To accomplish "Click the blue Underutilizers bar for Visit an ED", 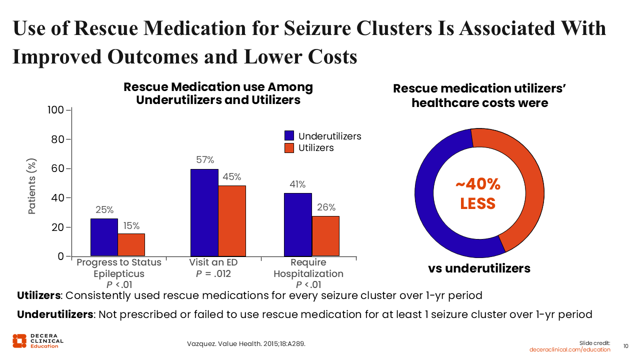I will pyautogui.click(x=204, y=212).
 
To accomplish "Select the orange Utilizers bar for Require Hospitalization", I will pyautogui.click(x=325, y=236).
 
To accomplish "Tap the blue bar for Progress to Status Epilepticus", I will pyautogui.click(x=104, y=237).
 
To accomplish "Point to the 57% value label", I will pyautogui.click(x=204, y=160).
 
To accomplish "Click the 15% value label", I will pyautogui.click(x=131, y=225).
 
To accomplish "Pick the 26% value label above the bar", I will pyautogui.click(x=326, y=207).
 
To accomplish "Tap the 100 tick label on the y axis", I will pyautogui.click(x=56, y=110).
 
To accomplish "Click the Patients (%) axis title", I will pyautogui.click(x=32, y=187).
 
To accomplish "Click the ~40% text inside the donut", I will pyautogui.click(x=478, y=184).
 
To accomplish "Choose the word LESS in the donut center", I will pyautogui.click(x=478, y=203).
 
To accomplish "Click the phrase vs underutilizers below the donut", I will pyautogui.click(x=478, y=268).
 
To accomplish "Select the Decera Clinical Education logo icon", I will pyautogui.click(x=19, y=340).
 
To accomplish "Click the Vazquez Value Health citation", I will pyautogui.click(x=246, y=344).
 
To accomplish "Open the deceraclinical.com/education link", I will pyautogui.click(x=570, y=349).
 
